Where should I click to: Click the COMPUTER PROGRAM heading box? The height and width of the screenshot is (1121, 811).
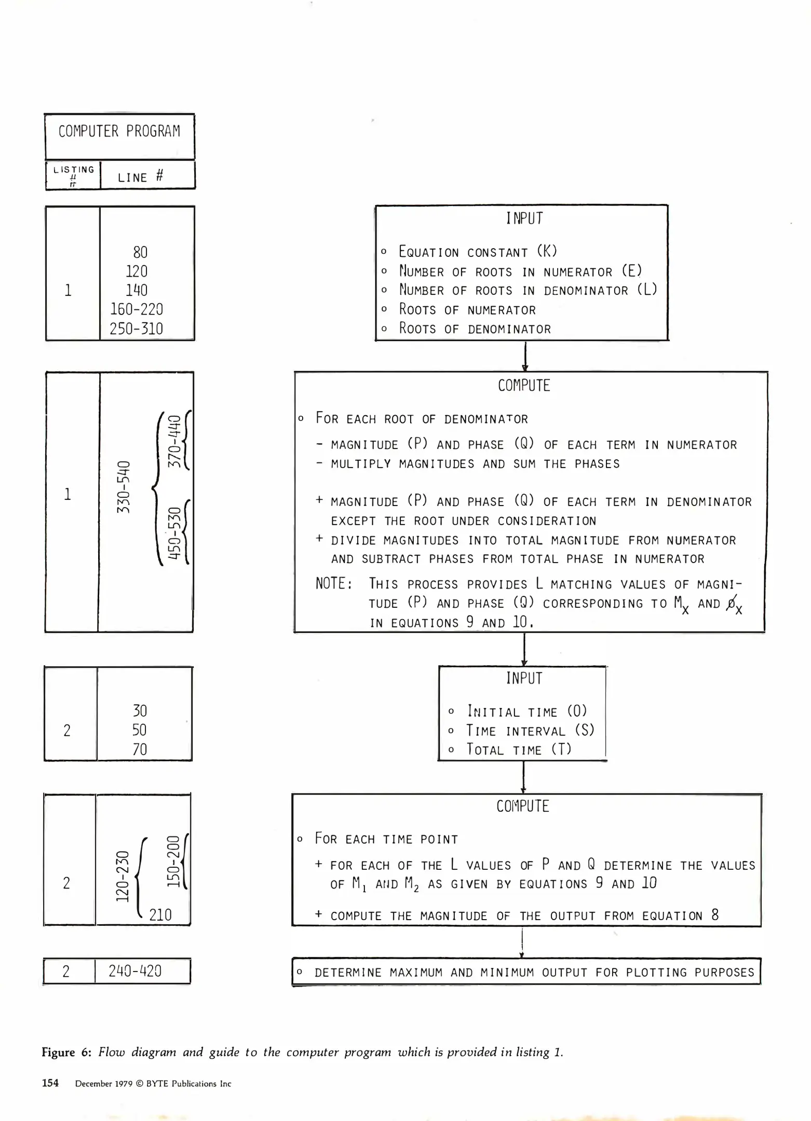coord(119,136)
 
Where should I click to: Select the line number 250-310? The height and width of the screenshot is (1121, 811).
coord(136,329)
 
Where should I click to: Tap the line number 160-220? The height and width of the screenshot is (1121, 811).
coord(136,309)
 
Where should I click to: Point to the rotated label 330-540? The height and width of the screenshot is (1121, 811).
coord(123,487)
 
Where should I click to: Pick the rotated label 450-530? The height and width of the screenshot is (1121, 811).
coord(175,533)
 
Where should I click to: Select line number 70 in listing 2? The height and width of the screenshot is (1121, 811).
coord(140,749)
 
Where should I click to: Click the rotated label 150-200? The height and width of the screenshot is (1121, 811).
coord(173,861)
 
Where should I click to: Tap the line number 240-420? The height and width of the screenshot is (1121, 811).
coord(135,971)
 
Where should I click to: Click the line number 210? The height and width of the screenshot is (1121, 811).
coord(160,914)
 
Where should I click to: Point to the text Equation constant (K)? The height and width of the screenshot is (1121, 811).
coord(478,252)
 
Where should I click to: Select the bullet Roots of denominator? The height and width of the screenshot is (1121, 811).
coord(475,329)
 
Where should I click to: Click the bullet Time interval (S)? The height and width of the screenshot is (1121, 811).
coord(530,731)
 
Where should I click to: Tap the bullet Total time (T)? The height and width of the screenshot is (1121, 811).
coord(519,749)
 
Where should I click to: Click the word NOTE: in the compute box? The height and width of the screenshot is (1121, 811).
coord(334,584)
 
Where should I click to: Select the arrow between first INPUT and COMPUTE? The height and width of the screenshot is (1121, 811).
coord(525,356)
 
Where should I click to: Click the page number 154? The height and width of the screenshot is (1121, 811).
coord(50,1083)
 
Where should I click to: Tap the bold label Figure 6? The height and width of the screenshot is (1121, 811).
coord(66,1052)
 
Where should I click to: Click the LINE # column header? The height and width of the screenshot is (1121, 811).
coord(140,177)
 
